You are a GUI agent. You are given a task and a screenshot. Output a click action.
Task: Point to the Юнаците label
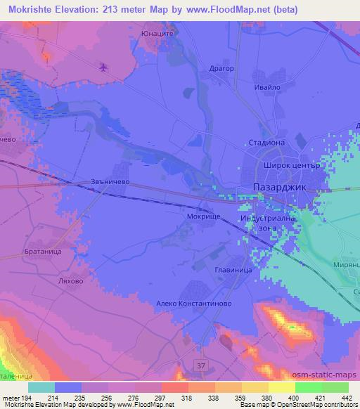[x=157, y=31]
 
